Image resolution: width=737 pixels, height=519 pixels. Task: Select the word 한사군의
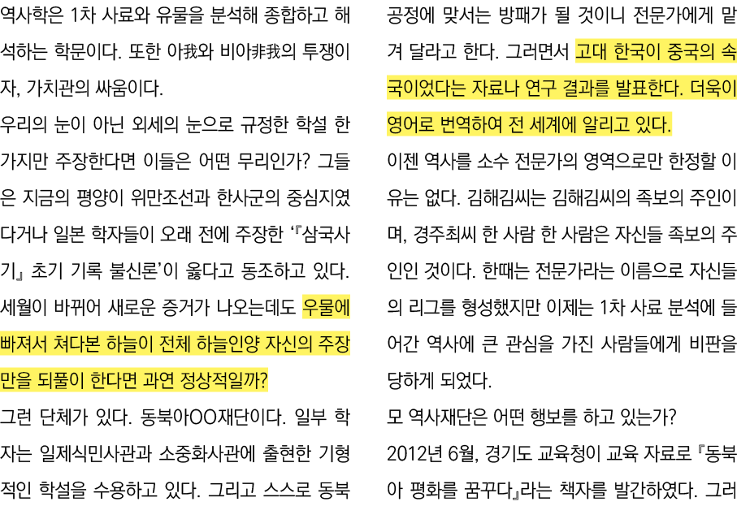[x=245, y=199]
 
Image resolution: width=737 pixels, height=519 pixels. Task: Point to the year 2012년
[x=416, y=452]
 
